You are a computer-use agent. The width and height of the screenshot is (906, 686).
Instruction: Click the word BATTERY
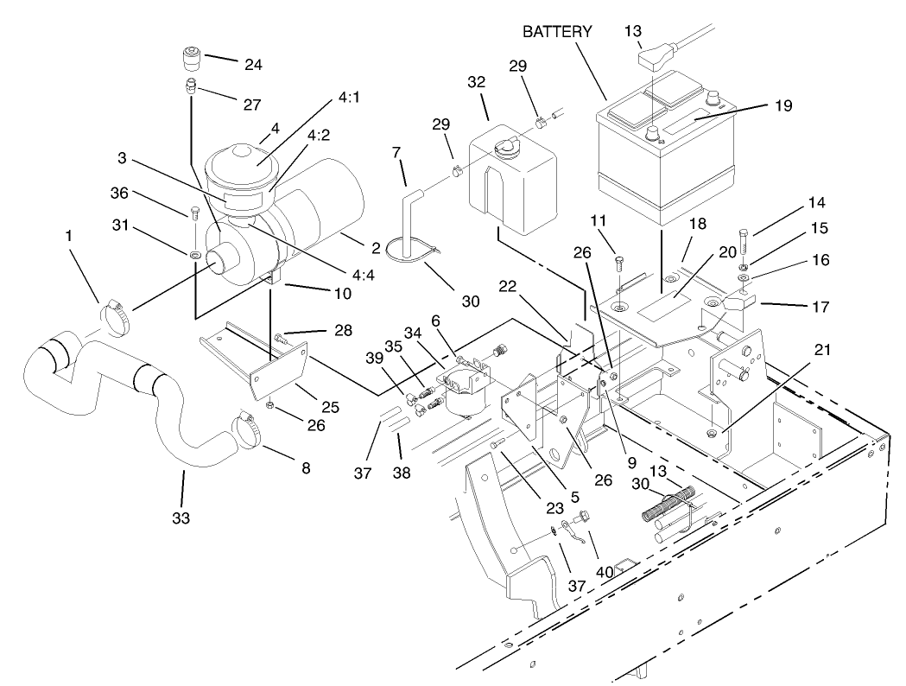[557, 32]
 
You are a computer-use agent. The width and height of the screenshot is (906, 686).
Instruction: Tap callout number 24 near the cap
[230, 65]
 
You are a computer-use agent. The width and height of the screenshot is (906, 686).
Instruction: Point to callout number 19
[782, 105]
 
